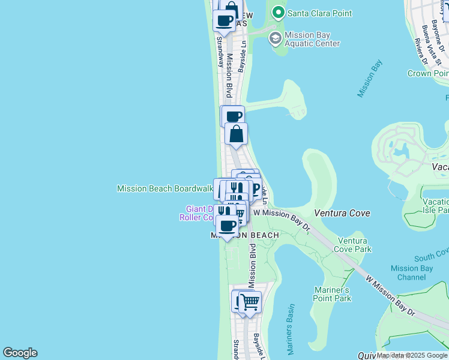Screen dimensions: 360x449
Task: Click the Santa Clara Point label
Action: coord(319,13)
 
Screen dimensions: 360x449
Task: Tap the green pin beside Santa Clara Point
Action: coord(277,13)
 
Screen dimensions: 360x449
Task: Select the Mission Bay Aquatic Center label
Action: coord(312,39)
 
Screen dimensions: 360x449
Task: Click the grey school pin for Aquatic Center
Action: coord(276,39)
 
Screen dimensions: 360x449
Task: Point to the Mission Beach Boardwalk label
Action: coord(165,188)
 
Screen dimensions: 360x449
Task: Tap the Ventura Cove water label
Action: coord(342,213)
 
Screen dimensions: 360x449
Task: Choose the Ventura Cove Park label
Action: coord(354,245)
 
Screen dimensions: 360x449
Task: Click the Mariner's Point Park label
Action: coord(333,294)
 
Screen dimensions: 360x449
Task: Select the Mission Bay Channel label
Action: coord(411,272)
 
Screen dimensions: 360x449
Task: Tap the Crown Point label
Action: coord(427,73)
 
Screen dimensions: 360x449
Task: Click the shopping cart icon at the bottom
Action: coord(250,302)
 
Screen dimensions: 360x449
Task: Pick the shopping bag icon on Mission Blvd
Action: coord(237,133)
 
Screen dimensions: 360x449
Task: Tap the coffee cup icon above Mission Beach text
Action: coord(227,226)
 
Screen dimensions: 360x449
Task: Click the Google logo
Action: coord(19,353)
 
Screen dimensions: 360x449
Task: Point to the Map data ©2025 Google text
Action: coord(412,356)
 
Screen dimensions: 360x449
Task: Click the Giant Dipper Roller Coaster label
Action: coord(198,213)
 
